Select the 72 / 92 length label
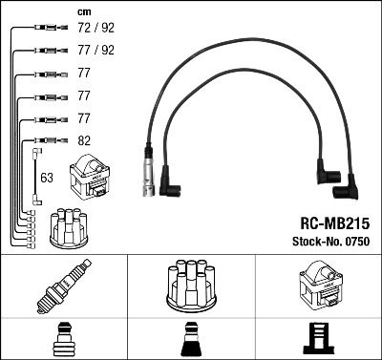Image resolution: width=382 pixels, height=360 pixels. (92, 29)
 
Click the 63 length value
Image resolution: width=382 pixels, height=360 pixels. (47, 178)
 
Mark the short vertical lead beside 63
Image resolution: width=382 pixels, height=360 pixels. (36, 177)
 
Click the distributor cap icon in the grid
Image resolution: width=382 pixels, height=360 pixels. (190, 285)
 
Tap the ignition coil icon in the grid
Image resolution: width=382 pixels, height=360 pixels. (317, 284)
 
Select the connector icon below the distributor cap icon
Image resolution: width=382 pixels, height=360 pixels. (190, 337)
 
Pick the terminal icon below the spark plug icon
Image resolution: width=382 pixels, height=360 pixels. (63, 337)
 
